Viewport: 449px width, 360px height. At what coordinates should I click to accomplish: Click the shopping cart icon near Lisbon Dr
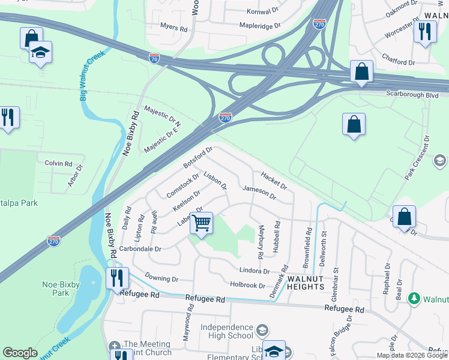(x=202, y=223)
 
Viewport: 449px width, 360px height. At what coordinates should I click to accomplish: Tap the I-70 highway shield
(x=155, y=58)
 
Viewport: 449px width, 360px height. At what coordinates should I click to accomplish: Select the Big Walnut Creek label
(x=92, y=74)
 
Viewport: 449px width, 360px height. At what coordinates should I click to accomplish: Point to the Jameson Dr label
(x=259, y=193)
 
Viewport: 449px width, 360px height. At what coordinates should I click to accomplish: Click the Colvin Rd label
(x=58, y=163)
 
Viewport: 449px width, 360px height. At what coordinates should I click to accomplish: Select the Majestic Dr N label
(x=163, y=115)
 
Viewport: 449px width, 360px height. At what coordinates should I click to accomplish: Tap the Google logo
(x=20, y=353)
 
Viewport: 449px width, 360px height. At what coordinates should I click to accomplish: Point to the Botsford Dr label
(x=198, y=158)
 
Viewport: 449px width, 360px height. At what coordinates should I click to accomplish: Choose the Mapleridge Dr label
(x=260, y=26)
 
